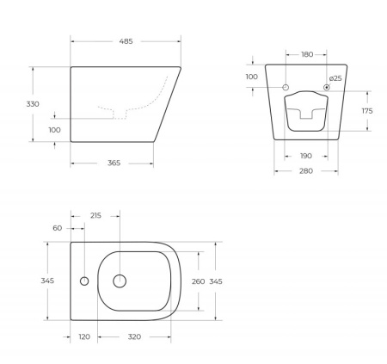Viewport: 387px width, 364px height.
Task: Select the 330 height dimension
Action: click(34, 103)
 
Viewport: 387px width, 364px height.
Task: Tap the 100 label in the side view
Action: click(55, 130)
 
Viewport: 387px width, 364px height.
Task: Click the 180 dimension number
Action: click(307, 54)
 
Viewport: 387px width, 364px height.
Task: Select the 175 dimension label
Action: click(365, 111)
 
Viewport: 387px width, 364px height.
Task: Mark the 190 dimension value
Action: click(305, 157)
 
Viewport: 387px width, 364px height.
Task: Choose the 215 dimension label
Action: click(95, 215)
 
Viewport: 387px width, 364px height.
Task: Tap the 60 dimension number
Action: click(58, 228)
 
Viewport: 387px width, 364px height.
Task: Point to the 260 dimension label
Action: click(198, 281)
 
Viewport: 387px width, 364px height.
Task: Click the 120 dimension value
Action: click(84, 336)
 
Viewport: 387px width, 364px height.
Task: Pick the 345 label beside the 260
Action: click(216, 281)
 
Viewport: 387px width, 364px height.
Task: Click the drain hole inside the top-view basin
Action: click(120, 281)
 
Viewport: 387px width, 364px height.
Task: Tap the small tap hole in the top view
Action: click(83, 281)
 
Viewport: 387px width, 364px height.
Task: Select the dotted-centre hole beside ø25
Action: click(327, 88)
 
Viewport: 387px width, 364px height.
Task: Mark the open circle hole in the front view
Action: click(286, 88)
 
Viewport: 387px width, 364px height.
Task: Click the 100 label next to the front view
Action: click(251, 77)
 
